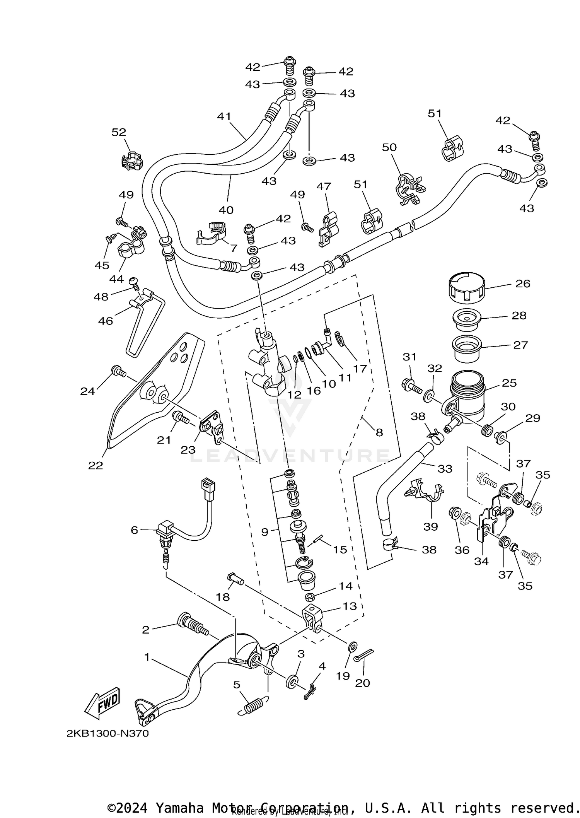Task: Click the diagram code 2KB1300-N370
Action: pos(107,734)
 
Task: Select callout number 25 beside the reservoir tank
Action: pos(509,383)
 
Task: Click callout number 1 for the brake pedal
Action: pos(147,657)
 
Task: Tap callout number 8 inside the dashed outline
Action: pos(379,432)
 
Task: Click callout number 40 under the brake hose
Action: pos(226,210)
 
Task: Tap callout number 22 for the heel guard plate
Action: pos(96,465)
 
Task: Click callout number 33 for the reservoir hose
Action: pos(445,468)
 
